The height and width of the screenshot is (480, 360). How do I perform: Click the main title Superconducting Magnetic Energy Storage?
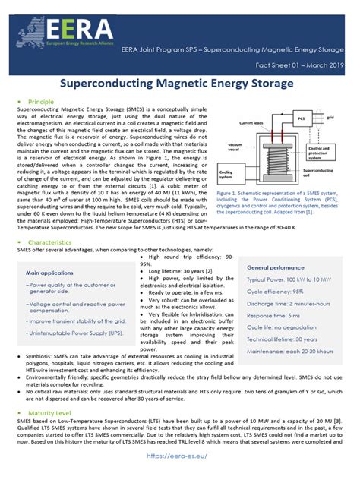coord(179,81)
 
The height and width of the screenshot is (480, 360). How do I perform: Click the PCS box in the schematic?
coord(301,119)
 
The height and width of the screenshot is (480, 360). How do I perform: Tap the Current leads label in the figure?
coord(251,122)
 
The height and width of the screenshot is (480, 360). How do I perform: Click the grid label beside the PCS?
coord(330,117)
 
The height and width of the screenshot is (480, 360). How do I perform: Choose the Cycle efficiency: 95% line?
coord(275,291)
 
